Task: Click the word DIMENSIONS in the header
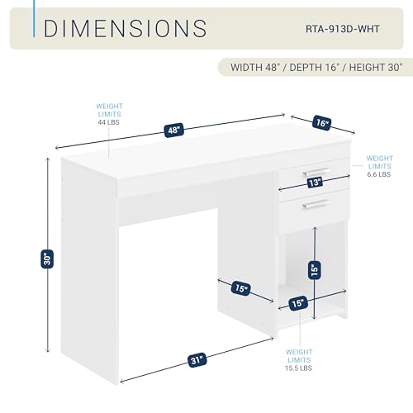click(x=126, y=28)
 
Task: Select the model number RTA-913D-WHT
click(x=343, y=29)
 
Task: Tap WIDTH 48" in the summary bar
click(x=254, y=68)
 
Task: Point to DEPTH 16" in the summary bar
click(x=313, y=68)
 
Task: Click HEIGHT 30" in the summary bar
click(x=376, y=68)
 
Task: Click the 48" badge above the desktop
click(x=173, y=130)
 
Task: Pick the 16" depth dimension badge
click(x=321, y=123)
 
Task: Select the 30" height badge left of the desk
click(x=47, y=259)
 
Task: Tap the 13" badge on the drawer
click(x=315, y=183)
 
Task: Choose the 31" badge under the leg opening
click(x=197, y=360)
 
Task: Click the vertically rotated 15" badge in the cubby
click(x=315, y=270)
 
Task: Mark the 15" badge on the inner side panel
click(x=241, y=288)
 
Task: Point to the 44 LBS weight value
click(x=108, y=122)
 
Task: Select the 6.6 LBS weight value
click(x=379, y=174)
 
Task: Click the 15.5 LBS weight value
click(x=298, y=368)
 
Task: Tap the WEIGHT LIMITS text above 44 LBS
click(x=109, y=110)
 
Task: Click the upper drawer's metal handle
click(x=316, y=172)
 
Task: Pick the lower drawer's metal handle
click(x=316, y=204)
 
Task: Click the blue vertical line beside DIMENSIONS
click(x=34, y=19)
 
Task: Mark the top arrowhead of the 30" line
click(x=49, y=159)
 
